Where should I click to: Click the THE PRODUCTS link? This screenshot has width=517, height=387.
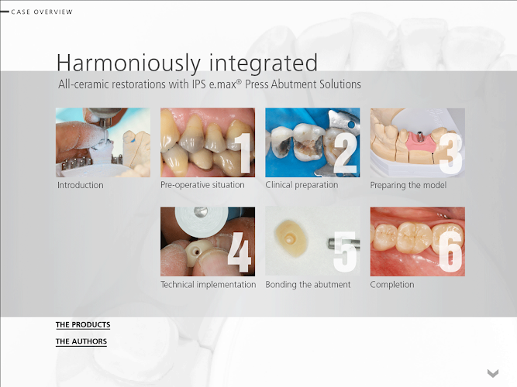[x=83, y=325]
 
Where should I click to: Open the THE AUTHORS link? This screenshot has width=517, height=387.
[x=81, y=341]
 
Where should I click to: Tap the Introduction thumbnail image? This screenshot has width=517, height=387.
[x=103, y=142]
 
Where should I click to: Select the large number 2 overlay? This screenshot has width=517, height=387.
[x=345, y=153]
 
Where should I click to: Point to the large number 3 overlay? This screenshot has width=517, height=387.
[x=450, y=153]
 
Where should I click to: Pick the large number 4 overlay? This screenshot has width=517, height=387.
[x=240, y=252]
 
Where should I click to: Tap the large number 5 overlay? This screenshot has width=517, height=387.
[x=345, y=252]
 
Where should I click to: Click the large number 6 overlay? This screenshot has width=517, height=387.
[x=450, y=252]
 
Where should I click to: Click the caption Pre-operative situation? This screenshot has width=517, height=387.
[x=202, y=185]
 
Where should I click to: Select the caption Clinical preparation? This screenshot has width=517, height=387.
[x=302, y=185]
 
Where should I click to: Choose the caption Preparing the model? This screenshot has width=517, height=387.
[x=408, y=185]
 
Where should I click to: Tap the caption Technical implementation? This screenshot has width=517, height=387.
[x=208, y=285]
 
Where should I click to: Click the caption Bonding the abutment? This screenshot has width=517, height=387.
[x=308, y=285]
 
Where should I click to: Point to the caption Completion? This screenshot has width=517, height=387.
[x=392, y=285]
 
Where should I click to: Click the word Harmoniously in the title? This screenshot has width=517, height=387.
[x=129, y=63]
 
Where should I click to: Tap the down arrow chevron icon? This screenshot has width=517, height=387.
[x=493, y=373]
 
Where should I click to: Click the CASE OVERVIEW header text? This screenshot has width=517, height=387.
[x=42, y=12]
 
